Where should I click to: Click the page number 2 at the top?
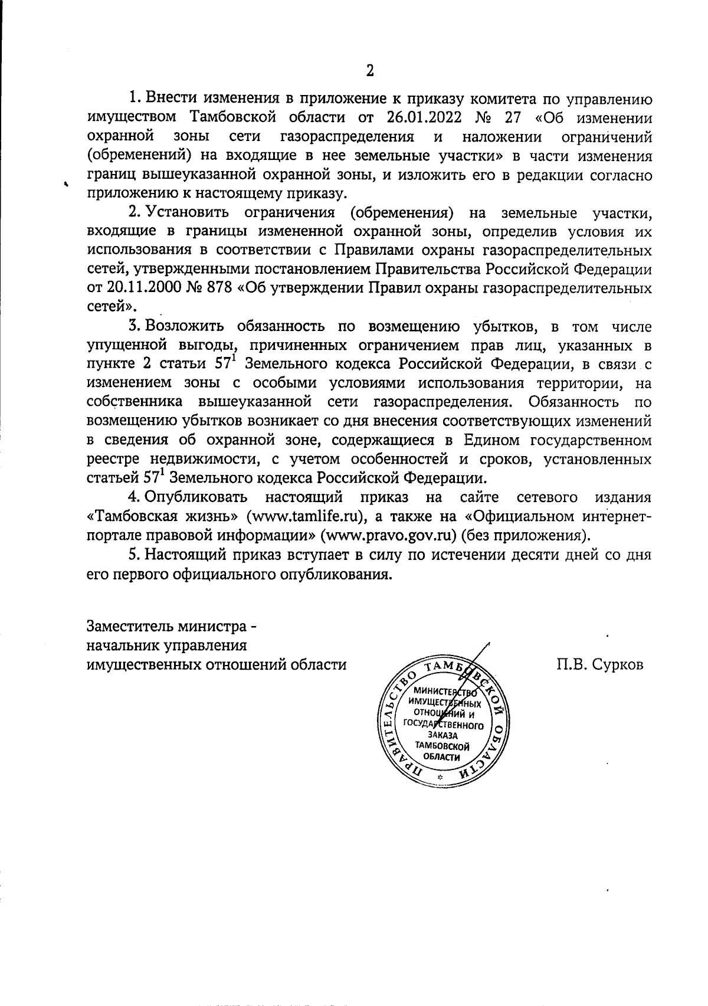pos(370,71)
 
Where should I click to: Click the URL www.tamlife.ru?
pos(306,517)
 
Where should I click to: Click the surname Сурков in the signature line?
pos(619,664)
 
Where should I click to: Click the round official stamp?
pos(443,723)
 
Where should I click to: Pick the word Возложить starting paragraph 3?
pos(186,327)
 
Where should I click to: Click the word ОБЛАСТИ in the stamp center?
pos(443,757)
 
